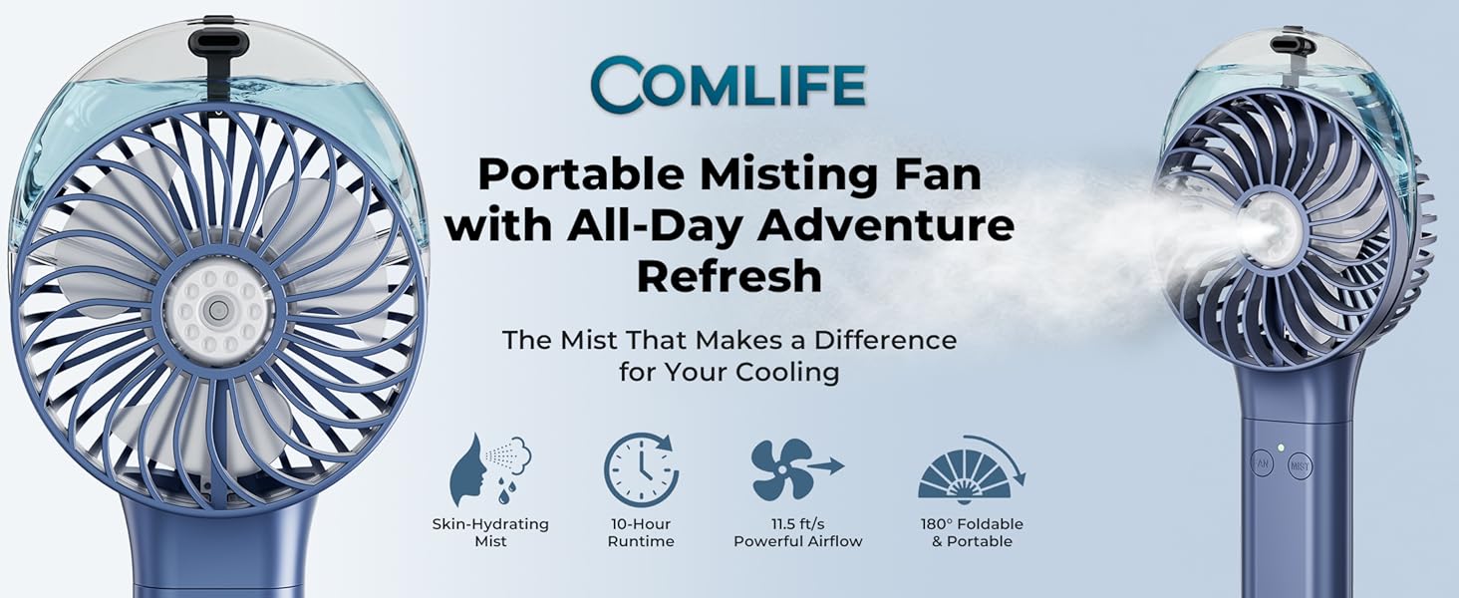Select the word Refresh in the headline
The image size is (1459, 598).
click(x=729, y=277)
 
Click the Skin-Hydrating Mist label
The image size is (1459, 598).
click(x=490, y=532)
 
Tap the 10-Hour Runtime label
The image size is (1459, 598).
click(x=641, y=532)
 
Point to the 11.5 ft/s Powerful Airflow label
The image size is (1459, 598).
click(x=797, y=532)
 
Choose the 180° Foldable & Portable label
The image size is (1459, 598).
click(x=972, y=532)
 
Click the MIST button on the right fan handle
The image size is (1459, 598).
click(x=1300, y=465)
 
